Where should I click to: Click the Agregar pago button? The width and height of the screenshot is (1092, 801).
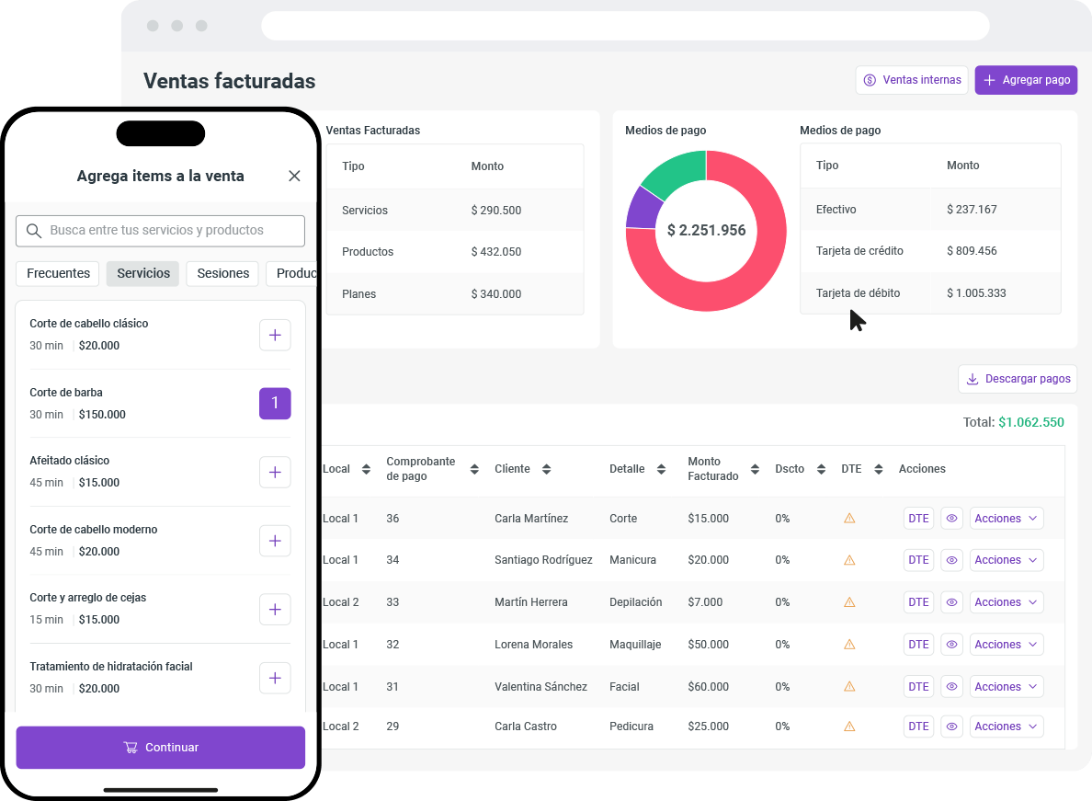point(1026,80)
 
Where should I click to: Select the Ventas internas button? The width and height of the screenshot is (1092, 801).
point(912,80)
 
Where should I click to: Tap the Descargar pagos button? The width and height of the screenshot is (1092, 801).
point(1018,379)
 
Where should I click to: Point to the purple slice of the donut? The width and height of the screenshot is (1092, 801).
point(641,209)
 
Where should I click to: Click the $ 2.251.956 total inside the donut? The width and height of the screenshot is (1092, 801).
point(706,231)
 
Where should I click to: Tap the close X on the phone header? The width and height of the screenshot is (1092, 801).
point(294,176)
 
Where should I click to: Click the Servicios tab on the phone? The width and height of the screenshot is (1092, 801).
point(143,273)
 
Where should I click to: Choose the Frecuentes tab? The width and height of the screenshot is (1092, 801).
point(58,273)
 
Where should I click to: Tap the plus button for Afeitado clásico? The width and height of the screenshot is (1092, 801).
point(275,473)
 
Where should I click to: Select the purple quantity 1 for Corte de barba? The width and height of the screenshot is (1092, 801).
point(275,404)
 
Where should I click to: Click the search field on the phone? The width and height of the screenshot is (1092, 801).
point(160,231)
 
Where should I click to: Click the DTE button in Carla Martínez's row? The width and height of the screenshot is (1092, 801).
point(918,519)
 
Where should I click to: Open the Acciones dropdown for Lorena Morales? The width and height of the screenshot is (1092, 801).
point(1007,645)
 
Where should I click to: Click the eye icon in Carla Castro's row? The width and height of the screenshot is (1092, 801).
point(951,727)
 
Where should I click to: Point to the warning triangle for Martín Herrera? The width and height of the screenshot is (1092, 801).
point(849,602)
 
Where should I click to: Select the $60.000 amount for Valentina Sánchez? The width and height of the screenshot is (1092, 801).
point(708,687)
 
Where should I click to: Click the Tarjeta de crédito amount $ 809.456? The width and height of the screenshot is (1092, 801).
point(972,251)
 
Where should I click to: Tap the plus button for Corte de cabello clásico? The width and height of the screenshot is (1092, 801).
point(275,336)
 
